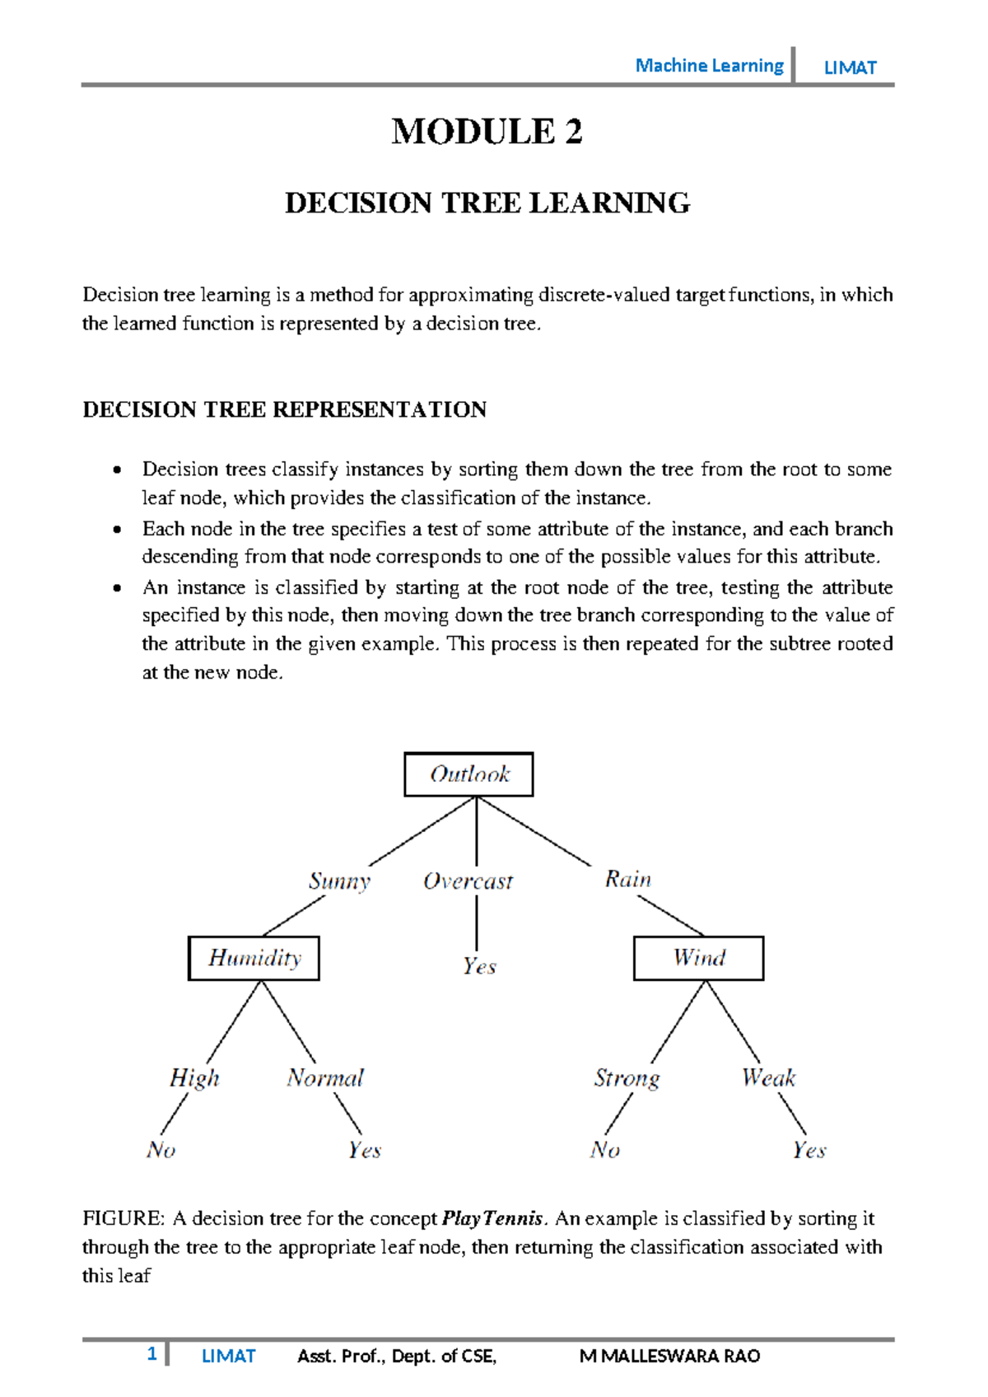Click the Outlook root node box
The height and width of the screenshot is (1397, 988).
point(468,774)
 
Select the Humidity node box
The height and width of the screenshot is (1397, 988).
point(254,958)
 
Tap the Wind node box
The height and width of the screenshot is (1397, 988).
point(698,958)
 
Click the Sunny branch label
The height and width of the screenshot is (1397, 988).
point(339,881)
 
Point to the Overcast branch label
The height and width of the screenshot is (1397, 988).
point(468,881)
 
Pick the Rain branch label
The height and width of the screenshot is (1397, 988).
point(628,879)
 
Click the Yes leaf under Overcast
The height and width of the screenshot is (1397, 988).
point(479,966)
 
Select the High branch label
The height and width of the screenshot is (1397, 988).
point(194,1078)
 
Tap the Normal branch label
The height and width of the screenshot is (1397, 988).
point(325,1078)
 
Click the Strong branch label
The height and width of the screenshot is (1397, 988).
point(627,1078)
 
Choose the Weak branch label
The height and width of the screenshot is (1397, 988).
point(768,1077)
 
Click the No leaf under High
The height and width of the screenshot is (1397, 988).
point(161,1150)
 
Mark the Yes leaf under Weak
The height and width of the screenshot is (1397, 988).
point(809,1150)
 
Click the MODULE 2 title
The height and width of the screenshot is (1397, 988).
point(487,132)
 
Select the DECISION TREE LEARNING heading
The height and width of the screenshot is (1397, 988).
point(487,203)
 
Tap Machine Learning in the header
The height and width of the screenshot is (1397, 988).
point(709,66)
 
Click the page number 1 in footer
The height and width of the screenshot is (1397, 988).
point(151,1353)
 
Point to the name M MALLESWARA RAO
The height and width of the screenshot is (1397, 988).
point(669,1356)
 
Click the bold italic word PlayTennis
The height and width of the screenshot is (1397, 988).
point(492,1218)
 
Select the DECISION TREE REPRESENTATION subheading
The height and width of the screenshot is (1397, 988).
point(285,409)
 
